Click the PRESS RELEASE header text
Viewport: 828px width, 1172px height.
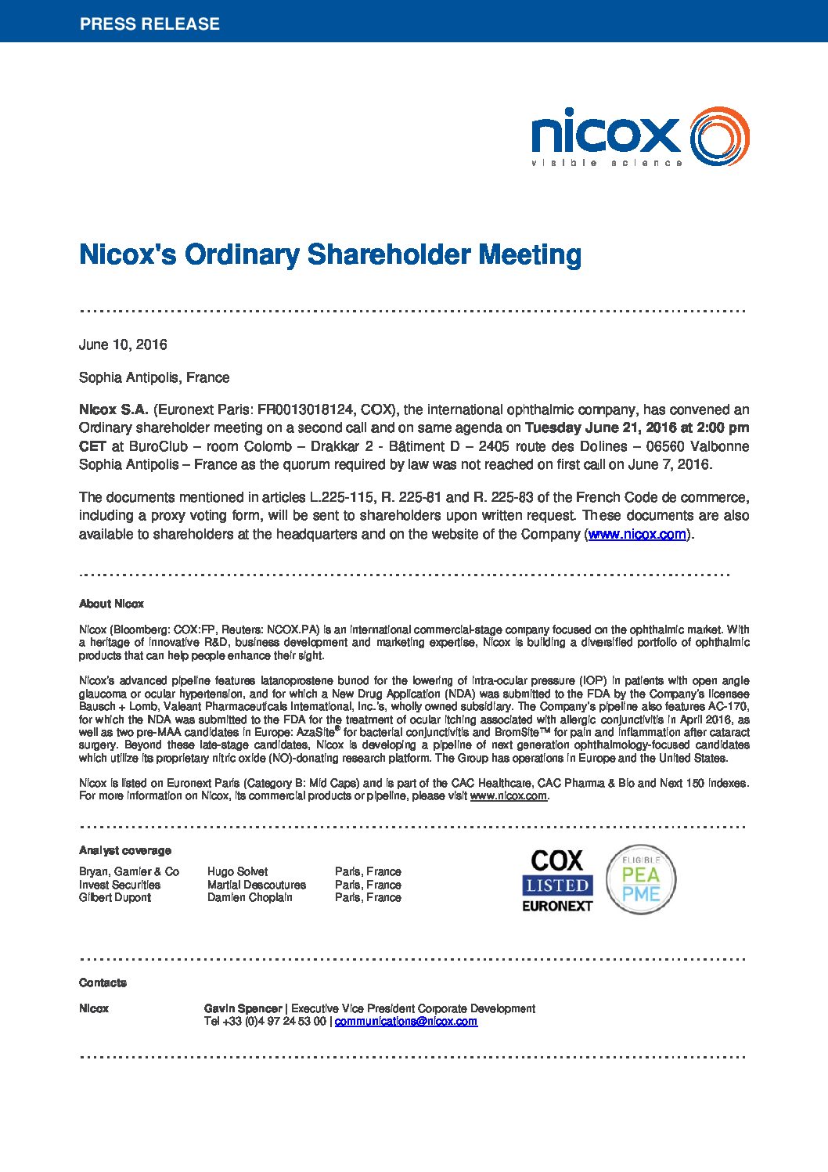pos(149,23)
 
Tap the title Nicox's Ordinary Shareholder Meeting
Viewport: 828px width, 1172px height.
pos(329,254)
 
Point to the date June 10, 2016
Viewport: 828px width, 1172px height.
pos(123,344)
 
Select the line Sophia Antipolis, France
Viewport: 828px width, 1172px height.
pos(154,377)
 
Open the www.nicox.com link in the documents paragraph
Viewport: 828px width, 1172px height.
pos(637,535)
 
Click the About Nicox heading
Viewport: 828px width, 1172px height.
pos(111,604)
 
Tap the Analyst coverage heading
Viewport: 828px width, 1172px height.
pos(124,850)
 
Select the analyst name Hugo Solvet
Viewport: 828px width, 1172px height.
pos(237,871)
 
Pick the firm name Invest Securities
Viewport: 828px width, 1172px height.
pos(119,885)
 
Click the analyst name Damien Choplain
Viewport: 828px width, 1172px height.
pos(250,897)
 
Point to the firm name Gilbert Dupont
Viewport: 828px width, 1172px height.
pos(114,897)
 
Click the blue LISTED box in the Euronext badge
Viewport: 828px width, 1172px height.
pos(557,885)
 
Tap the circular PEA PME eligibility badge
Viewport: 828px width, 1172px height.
pos(641,880)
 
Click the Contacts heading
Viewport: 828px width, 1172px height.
pos(103,983)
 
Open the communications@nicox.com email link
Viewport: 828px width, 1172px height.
pos(405,1021)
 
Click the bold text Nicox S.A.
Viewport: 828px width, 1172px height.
pos(113,409)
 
